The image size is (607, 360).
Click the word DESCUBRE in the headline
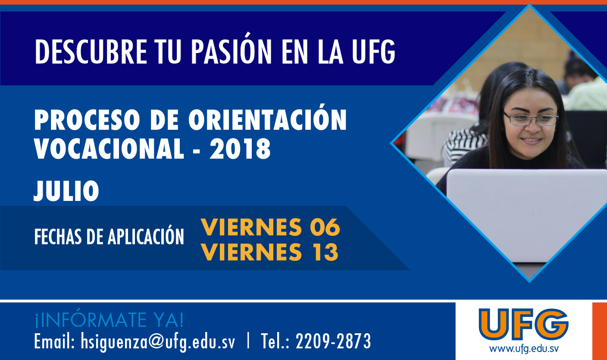[91, 51]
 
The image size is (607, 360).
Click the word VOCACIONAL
[109, 149]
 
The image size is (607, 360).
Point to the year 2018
[240, 149]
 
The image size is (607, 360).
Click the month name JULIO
[66, 191]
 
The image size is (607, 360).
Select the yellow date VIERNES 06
[270, 227]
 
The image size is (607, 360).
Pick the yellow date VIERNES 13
[269, 252]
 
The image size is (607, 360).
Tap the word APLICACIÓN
[146, 235]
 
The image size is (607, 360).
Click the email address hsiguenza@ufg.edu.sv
[158, 341]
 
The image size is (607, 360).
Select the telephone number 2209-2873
[333, 341]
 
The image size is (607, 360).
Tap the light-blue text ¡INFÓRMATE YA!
[109, 320]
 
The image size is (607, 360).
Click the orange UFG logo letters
[523, 324]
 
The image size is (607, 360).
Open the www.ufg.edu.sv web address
[524, 349]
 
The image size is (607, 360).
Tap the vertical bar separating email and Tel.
[248, 341]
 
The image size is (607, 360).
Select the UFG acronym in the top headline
[374, 51]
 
